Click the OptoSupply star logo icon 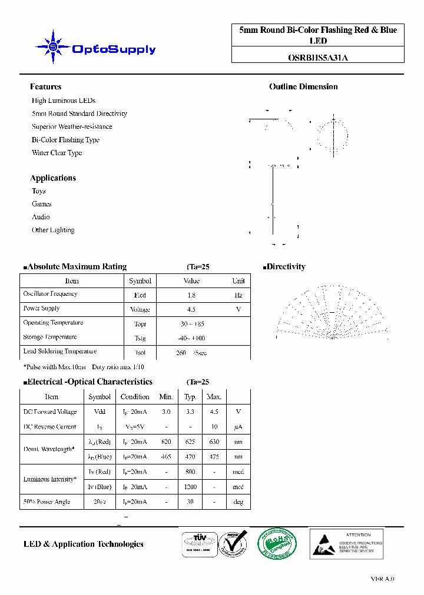54,46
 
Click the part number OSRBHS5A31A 317,58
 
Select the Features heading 45,86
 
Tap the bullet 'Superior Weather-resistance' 72,126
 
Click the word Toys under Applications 39,191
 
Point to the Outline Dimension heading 303,86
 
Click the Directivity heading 286,266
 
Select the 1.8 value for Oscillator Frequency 191,295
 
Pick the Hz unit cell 238,295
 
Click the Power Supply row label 41,308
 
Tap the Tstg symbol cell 140,338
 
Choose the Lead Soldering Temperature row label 59,352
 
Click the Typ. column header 190,397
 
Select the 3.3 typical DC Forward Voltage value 190,412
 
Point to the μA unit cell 238,427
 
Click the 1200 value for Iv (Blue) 190,487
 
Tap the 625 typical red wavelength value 190,442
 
